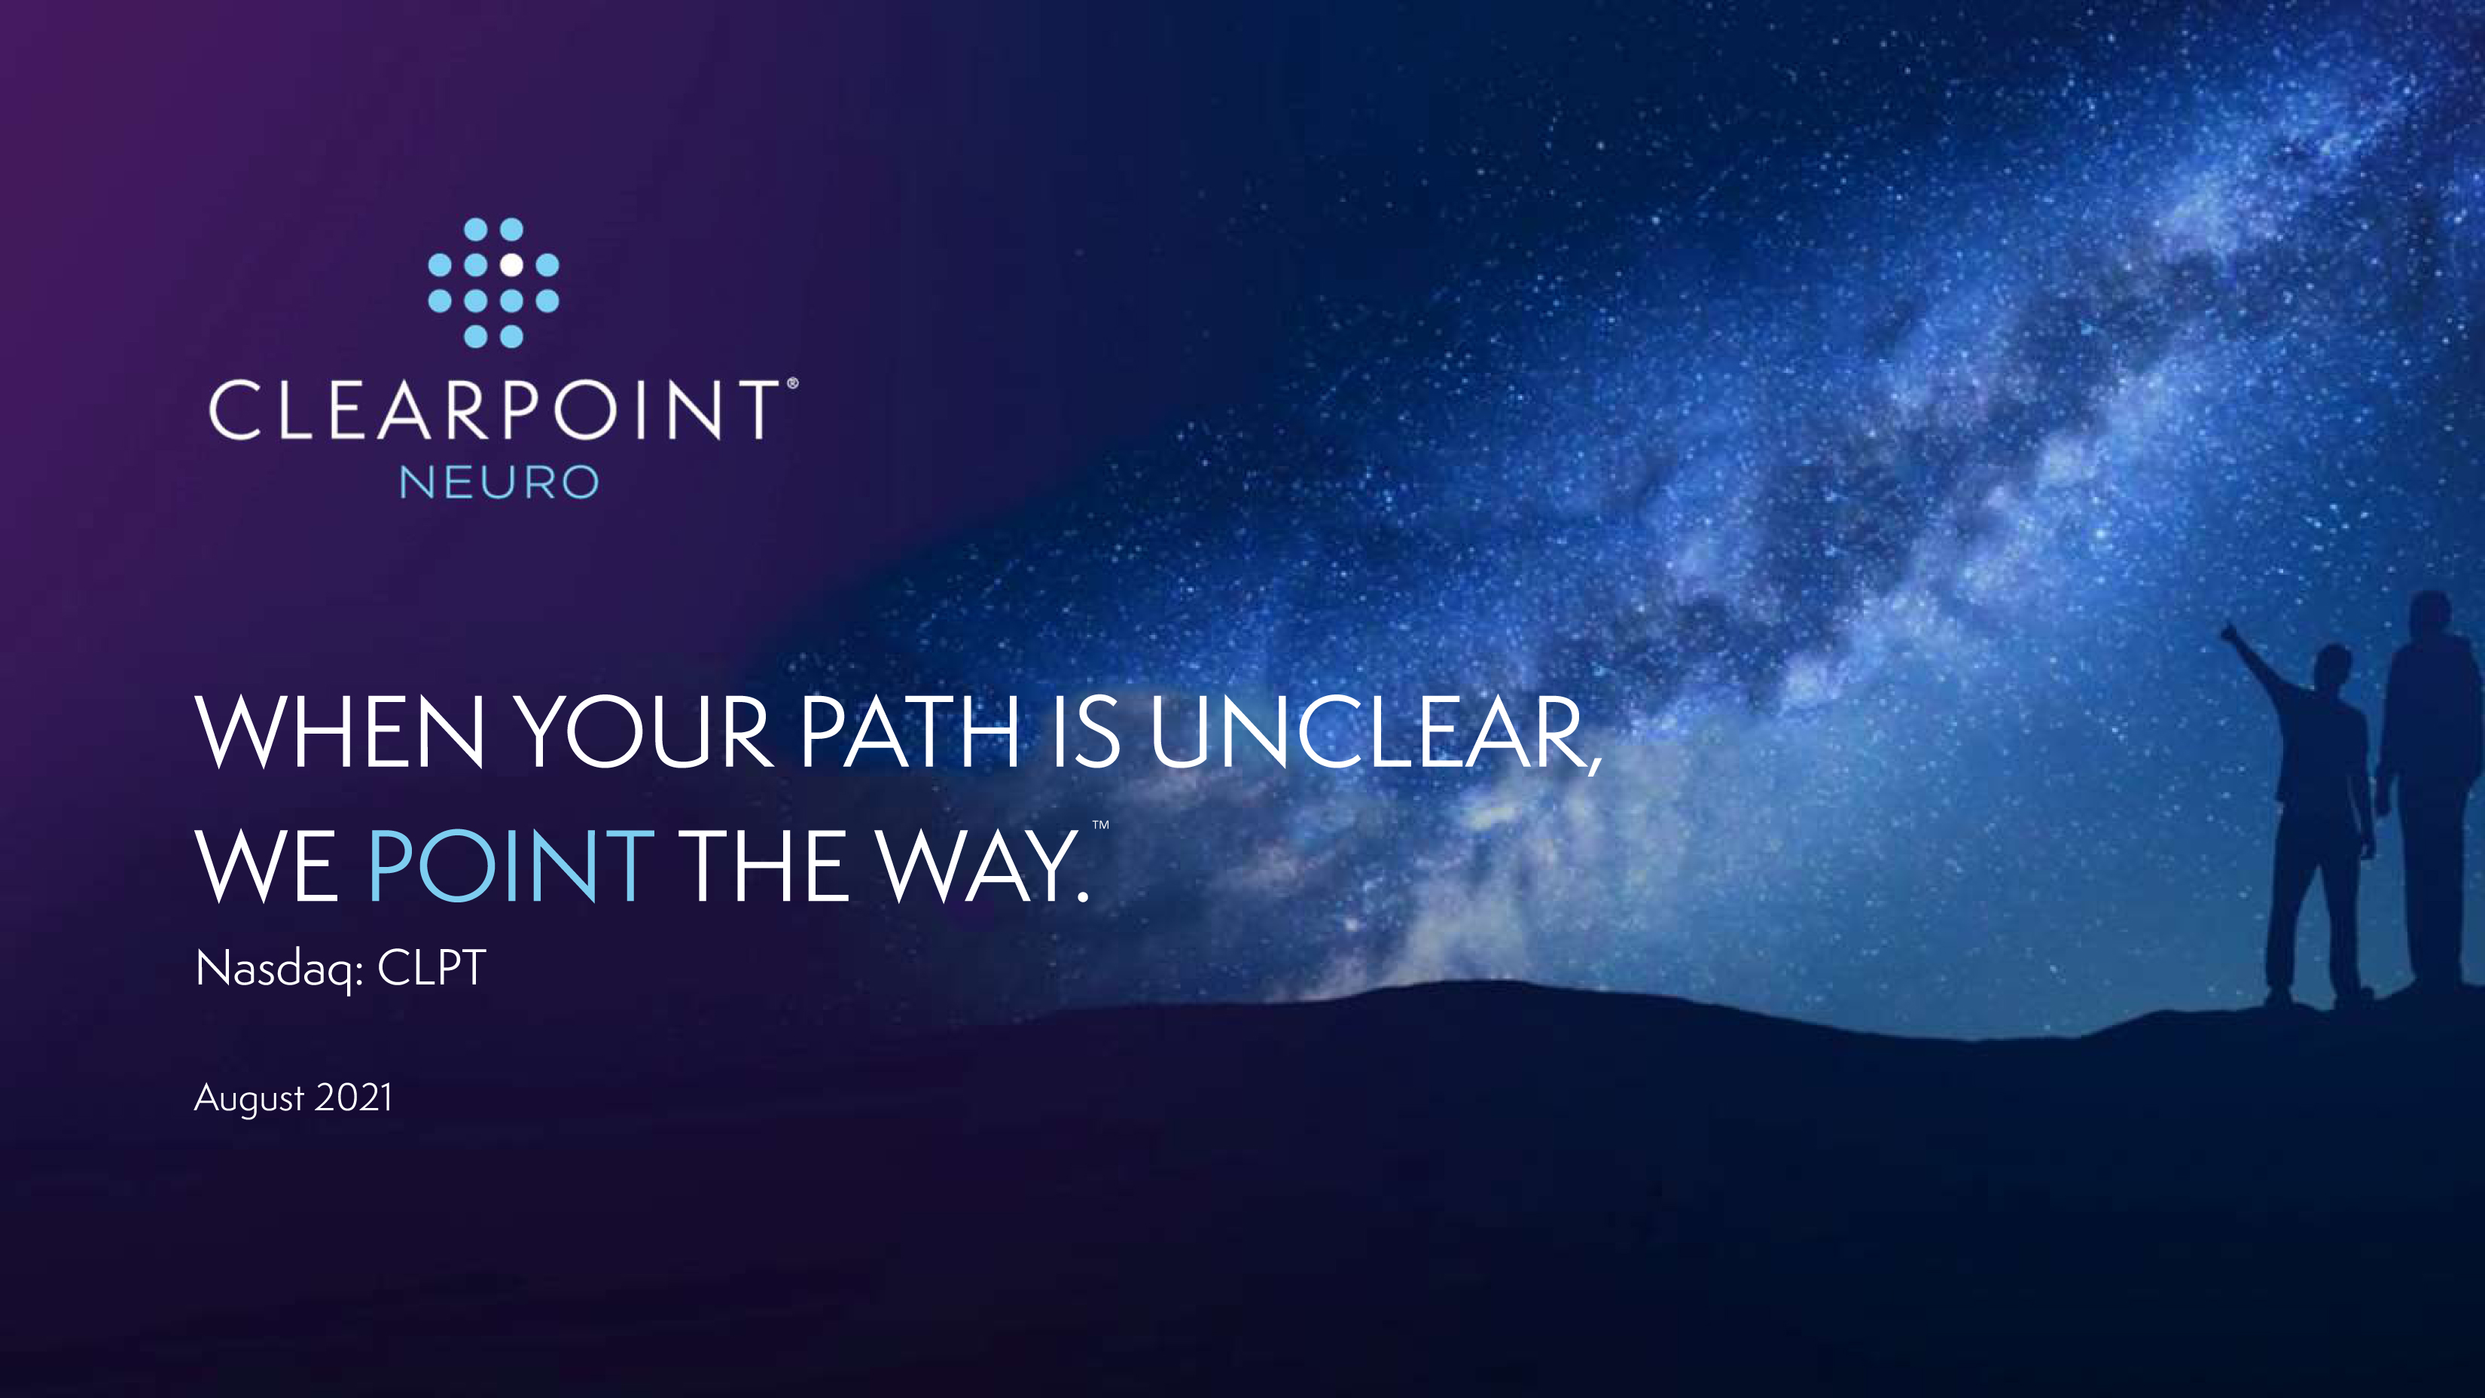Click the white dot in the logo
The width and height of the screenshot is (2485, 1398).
coord(511,264)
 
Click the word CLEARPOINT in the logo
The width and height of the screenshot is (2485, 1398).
coord(495,410)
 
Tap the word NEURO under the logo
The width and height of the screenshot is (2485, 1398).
coord(499,482)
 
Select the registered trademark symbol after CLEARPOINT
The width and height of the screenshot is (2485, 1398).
coord(792,383)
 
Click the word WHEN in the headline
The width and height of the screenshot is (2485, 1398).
coord(340,731)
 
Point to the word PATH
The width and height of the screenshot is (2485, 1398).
coord(910,731)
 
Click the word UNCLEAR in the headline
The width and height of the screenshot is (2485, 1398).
coord(1374,733)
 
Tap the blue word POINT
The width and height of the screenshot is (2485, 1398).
coord(511,865)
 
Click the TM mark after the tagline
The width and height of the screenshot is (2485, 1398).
coord(1101,825)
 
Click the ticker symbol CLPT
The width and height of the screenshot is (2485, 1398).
coord(431,968)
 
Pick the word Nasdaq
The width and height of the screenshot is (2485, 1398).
coord(274,969)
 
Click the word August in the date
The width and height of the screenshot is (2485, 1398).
coord(249,1099)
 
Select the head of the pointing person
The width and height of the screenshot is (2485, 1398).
coord(2334,666)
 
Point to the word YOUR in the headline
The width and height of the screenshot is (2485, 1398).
coord(642,731)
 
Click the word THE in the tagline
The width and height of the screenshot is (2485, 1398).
coord(764,865)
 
